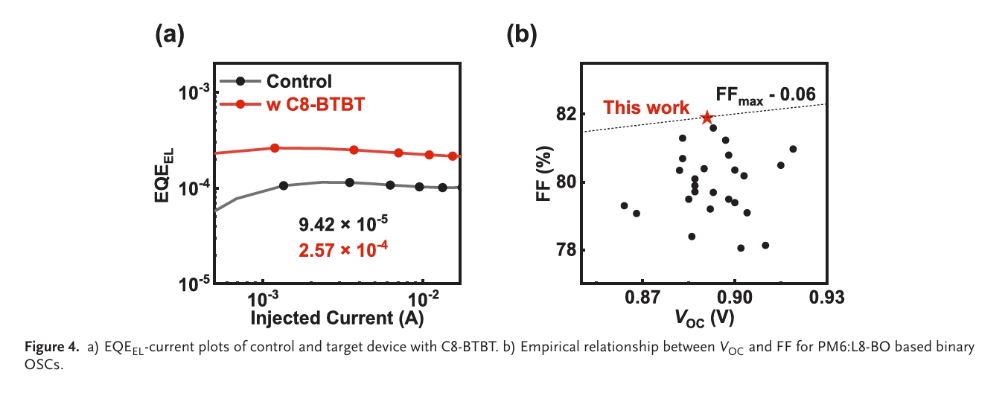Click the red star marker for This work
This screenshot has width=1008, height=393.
pyautogui.click(x=706, y=118)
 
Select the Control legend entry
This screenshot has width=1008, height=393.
pyautogui.click(x=299, y=81)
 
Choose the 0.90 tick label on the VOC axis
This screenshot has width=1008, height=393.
pyautogui.click(x=735, y=298)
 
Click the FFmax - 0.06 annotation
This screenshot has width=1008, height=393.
pyautogui.click(x=766, y=95)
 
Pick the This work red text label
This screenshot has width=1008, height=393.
pyautogui.click(x=646, y=107)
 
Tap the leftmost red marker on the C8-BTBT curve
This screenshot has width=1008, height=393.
pyautogui.click(x=275, y=148)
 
